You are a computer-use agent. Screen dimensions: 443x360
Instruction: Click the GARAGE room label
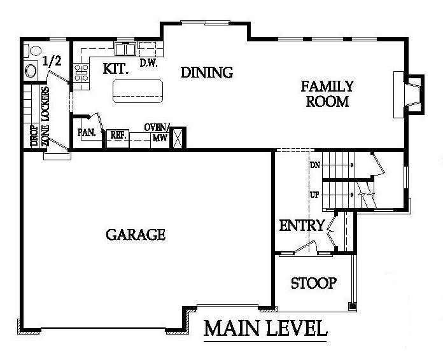136,235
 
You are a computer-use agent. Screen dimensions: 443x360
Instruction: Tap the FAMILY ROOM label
327,93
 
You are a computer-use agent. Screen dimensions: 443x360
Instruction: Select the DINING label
207,73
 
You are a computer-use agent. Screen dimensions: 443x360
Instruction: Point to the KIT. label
116,69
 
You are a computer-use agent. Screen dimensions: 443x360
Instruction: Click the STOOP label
314,283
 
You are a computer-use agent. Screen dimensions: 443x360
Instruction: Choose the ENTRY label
302,225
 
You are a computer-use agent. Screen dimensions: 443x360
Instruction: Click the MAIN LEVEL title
265,328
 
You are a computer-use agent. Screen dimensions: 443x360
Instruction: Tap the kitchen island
137,91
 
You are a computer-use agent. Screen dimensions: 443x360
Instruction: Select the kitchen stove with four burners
81,73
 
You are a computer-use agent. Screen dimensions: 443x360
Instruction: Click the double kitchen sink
125,49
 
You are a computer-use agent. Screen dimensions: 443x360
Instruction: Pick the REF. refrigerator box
118,139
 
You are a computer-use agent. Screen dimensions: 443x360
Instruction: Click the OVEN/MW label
157,132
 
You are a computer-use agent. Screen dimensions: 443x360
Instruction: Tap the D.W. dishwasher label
148,63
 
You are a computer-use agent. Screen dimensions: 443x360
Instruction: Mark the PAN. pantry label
87,132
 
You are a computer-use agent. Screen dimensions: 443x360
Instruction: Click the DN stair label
315,165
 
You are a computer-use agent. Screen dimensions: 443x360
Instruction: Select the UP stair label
314,195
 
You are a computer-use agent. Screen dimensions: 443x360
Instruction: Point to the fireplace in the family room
409,95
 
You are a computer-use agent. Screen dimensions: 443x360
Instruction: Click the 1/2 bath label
52,61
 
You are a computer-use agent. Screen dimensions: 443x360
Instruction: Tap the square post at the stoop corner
353,305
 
